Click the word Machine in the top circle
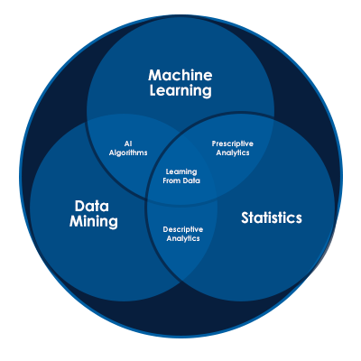180,75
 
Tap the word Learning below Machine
180,91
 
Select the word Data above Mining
92,206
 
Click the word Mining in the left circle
94,222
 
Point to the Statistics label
272,218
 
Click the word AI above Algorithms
128,143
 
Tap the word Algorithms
128,153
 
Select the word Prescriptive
233,143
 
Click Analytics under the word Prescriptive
233,153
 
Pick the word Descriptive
183,229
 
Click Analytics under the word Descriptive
183,238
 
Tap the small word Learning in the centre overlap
181,171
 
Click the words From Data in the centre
181,180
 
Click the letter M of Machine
155,75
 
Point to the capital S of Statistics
245,218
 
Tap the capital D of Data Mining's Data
80,207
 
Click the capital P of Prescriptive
214,143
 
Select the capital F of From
165,180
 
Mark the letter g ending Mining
114,223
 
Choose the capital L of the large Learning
153,90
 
